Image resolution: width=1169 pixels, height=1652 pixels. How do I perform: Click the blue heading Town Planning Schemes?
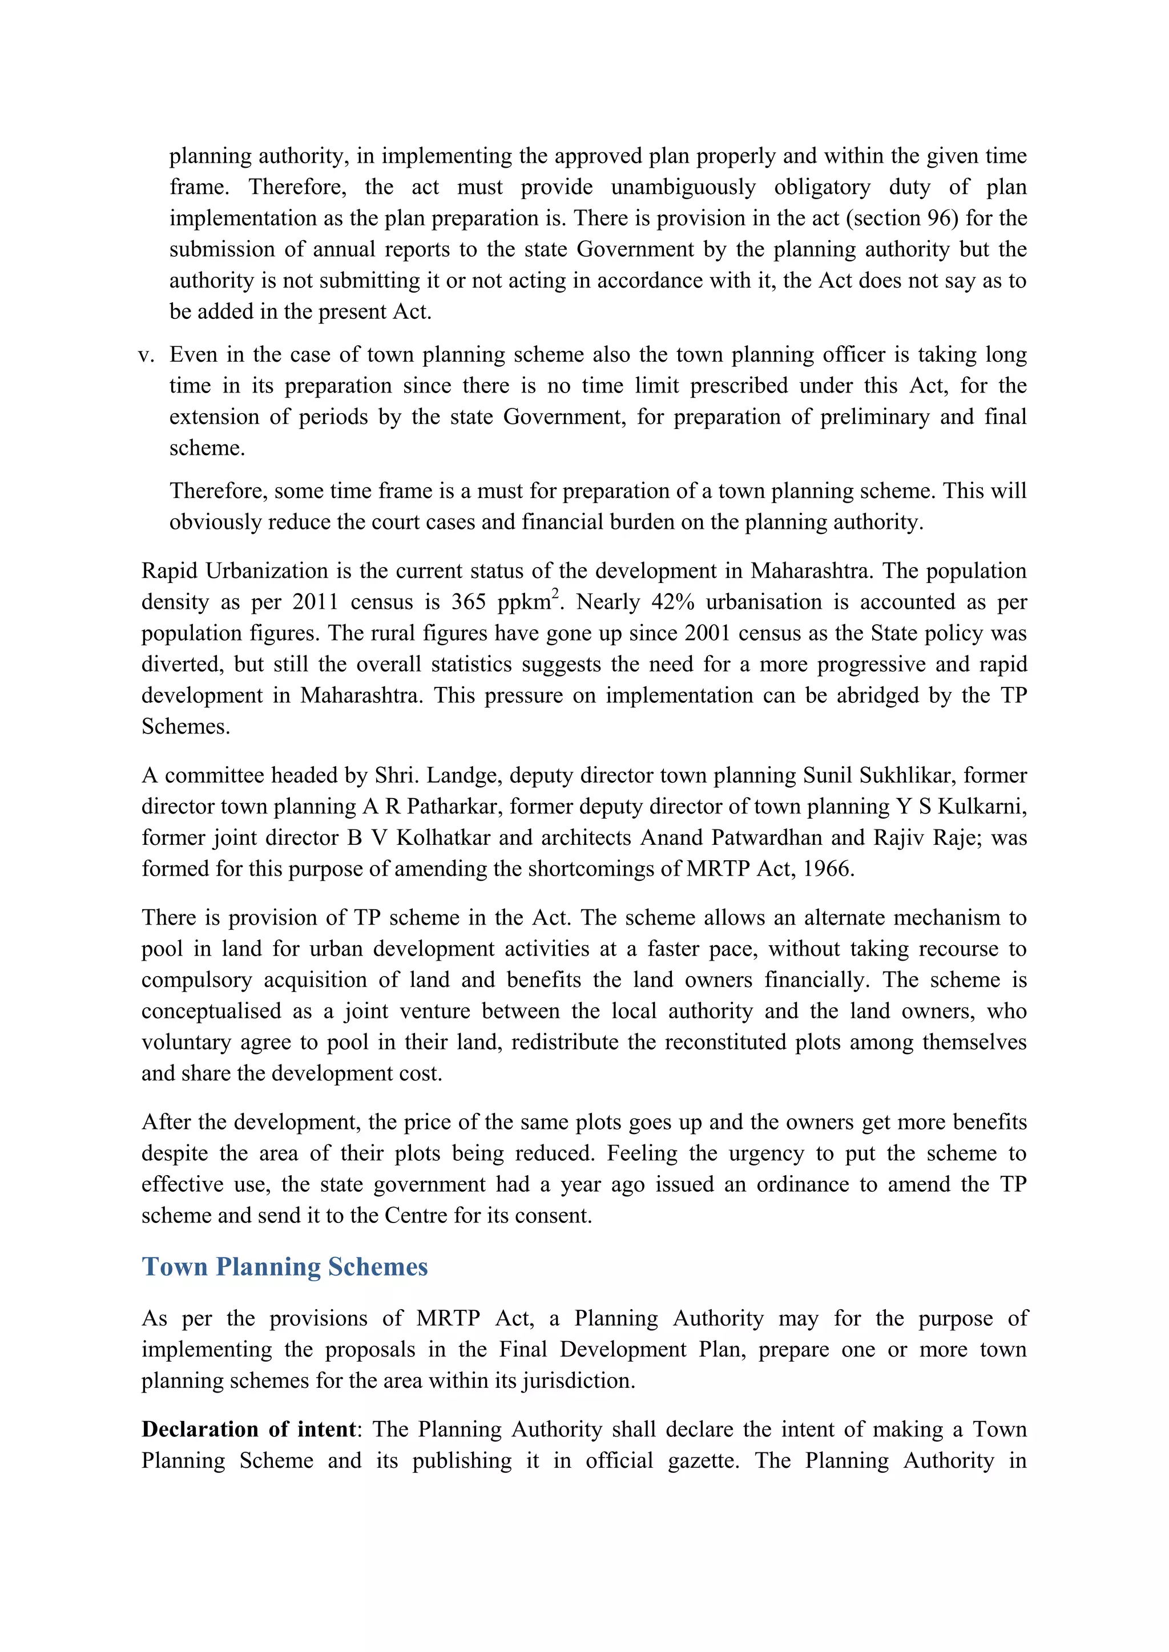pos(284,1266)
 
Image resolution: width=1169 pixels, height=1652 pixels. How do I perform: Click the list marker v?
pos(146,355)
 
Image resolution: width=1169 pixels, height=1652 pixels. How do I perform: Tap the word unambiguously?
pos(683,187)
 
